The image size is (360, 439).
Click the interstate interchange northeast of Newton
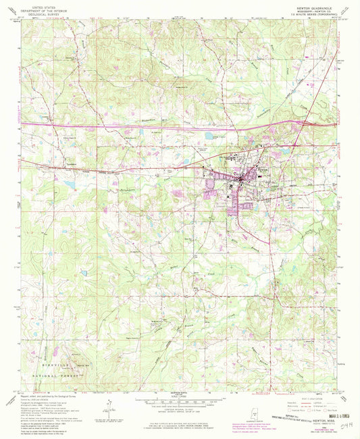(297, 124)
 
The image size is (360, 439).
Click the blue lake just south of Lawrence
(70, 184)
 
